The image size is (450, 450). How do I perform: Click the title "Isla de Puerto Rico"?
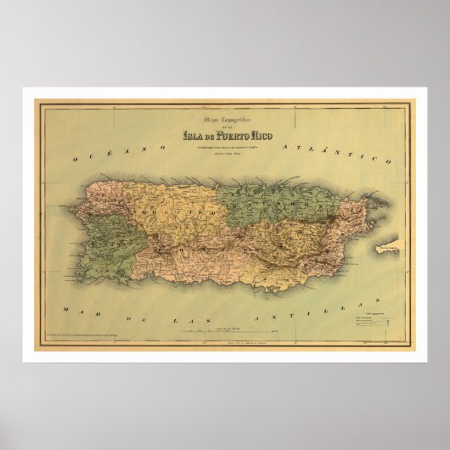[x=224, y=132]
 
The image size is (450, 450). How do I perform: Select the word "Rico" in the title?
[x=266, y=132]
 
